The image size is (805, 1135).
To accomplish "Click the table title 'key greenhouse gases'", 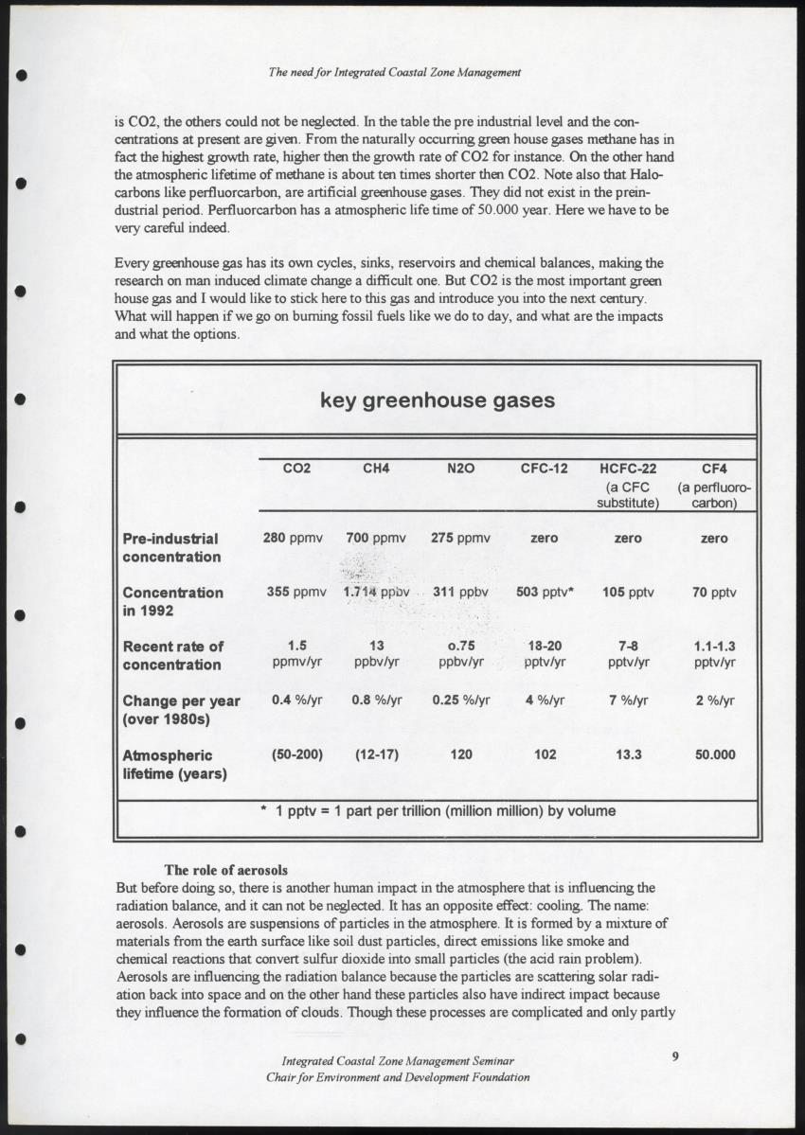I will point(437,400).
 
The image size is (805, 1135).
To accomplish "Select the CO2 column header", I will point(296,469).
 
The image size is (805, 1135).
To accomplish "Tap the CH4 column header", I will point(376,469).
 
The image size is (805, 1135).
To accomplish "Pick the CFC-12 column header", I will point(544,469).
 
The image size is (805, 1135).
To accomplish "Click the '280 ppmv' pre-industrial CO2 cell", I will point(293,538).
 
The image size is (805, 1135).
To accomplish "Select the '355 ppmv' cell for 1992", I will point(295,593).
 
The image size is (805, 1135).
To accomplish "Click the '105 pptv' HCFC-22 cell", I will point(628,593).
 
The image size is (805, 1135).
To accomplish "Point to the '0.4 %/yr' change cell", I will point(294,701).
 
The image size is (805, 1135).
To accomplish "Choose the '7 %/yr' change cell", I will point(628,701).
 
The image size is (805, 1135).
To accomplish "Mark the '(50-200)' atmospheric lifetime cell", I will point(297,755).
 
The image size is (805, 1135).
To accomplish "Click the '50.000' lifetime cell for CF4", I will point(714,755).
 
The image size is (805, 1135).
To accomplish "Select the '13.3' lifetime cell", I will point(628,755).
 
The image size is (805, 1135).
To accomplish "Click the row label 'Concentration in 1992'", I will point(173,601).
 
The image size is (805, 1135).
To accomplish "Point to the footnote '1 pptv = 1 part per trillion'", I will point(438,811).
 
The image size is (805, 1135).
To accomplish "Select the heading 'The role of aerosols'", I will point(226,870).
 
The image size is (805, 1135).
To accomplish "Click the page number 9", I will point(675,1057).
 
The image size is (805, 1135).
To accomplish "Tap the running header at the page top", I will point(396,72).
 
